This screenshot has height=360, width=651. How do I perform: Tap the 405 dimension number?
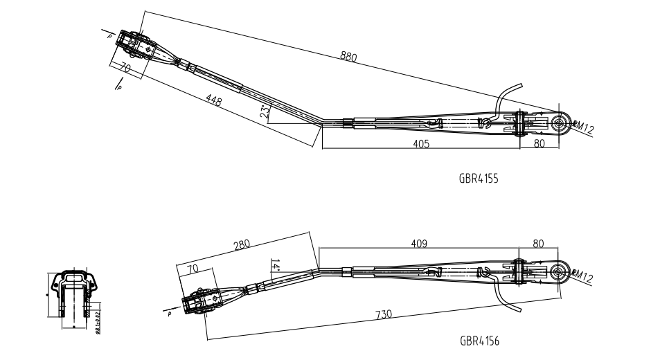[x=421, y=144]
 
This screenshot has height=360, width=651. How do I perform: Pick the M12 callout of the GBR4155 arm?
[x=584, y=127]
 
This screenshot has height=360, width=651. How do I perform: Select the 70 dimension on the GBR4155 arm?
[x=125, y=68]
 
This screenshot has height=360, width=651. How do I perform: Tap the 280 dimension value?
[x=242, y=245]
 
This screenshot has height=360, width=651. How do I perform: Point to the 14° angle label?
[x=275, y=265]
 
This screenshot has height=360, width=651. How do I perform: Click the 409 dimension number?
[x=418, y=244]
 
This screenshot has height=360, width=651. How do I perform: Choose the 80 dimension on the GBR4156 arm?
[x=539, y=244]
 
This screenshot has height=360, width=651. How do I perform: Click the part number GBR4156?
[x=479, y=341]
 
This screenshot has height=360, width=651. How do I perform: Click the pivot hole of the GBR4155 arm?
[x=560, y=124]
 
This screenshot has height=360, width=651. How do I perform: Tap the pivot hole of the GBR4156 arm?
[x=560, y=270]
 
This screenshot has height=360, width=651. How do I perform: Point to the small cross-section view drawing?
[x=73, y=294]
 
